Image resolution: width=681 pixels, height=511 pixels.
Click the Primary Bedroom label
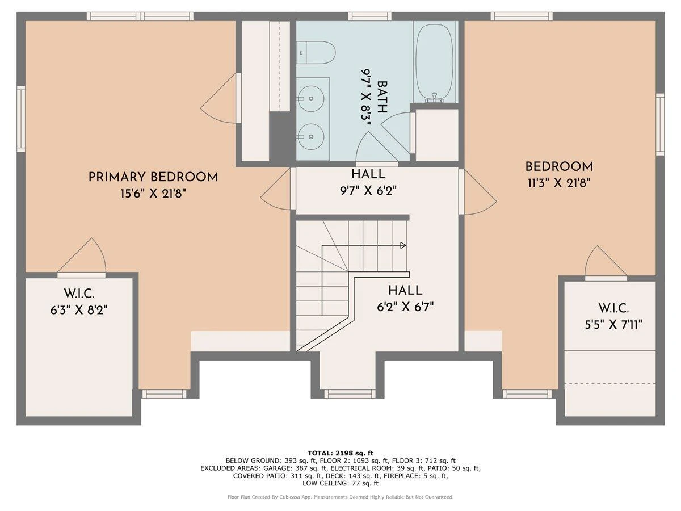(153, 177)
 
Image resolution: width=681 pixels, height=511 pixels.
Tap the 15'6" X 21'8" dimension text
(153, 194)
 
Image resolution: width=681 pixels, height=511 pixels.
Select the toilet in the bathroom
(316, 52)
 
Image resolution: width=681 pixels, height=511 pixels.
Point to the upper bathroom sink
(310, 99)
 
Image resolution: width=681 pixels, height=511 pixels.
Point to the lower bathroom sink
(310, 136)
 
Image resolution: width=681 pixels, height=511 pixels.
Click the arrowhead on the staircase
(403, 245)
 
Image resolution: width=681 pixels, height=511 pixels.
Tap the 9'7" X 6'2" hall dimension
(368, 190)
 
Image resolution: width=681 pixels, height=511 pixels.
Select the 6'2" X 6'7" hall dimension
(405, 307)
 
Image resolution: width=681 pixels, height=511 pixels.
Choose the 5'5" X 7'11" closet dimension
(613, 325)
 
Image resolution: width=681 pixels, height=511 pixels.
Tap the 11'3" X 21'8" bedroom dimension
(559, 183)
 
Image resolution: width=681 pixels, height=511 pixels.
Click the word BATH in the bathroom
(382, 97)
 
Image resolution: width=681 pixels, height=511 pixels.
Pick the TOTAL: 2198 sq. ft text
(340, 453)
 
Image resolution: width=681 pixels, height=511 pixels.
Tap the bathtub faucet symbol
(435, 97)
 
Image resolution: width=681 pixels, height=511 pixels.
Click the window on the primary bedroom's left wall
(21, 119)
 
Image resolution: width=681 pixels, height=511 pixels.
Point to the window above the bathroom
(369, 16)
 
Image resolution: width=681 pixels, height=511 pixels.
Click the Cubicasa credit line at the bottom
(340, 497)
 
